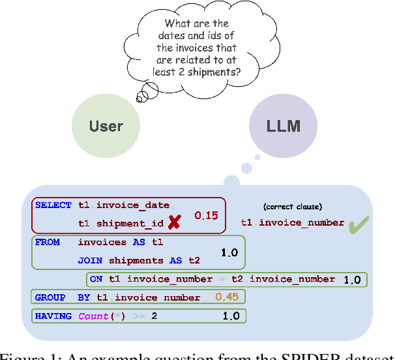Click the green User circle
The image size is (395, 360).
coord(106,125)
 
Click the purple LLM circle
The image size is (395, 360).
coord(284,125)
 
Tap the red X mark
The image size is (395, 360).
coord(174,223)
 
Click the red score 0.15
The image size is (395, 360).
coord(206,215)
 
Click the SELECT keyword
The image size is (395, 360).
coord(53,205)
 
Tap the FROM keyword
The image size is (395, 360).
coord(48,242)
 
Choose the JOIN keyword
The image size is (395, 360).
coord(90,260)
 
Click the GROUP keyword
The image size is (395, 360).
coord(50,297)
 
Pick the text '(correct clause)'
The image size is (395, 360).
coord(292,206)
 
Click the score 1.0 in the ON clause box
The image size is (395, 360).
coord(352,280)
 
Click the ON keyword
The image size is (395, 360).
coord(96,279)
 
